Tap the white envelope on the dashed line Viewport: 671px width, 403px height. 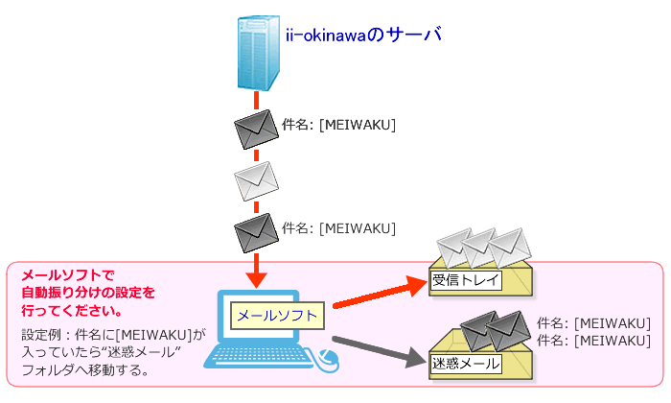256,179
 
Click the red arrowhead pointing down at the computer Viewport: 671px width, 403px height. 256,277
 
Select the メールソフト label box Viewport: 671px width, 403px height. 278,315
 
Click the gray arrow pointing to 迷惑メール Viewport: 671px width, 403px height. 379,348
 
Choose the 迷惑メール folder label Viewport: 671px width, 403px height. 465,364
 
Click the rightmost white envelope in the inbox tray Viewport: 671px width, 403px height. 509,245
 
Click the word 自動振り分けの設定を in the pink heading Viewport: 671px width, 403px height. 87,291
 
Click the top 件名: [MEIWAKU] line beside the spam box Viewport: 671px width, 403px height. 594,322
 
